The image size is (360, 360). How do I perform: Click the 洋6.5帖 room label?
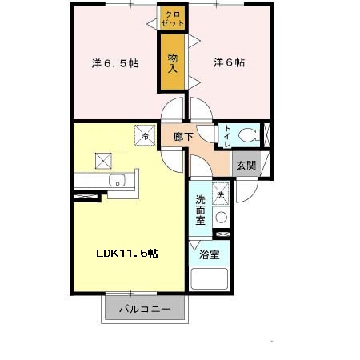[x=114, y=63]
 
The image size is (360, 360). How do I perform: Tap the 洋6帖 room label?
[x=230, y=62]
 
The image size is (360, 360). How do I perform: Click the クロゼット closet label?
[x=172, y=19]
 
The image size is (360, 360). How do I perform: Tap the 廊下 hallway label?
[x=183, y=137]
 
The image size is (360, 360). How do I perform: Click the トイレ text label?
[x=226, y=137]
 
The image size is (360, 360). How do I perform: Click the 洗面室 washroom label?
[x=201, y=210]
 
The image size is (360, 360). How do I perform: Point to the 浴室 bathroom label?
[x=210, y=256]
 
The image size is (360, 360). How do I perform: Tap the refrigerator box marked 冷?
[x=145, y=136]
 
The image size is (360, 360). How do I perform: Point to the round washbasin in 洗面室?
[x=222, y=216]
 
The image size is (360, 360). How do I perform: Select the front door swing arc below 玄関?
[x=244, y=189]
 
